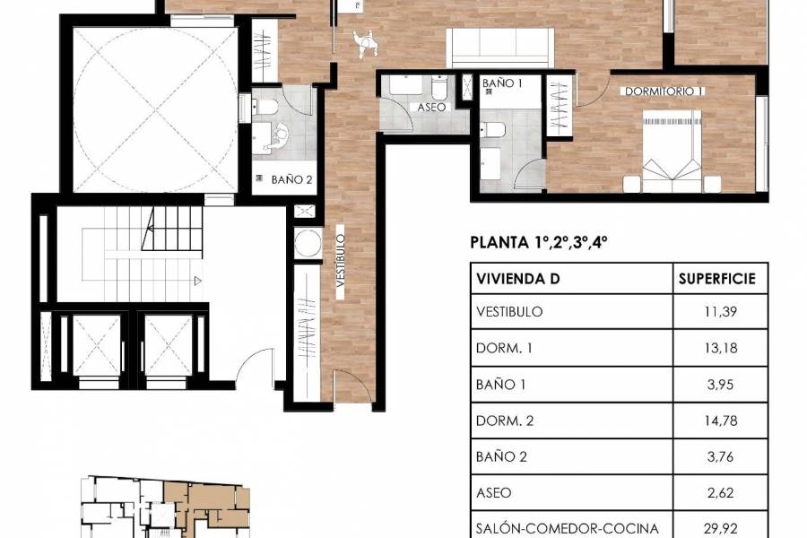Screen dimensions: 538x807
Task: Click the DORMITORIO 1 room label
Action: [x=664, y=91]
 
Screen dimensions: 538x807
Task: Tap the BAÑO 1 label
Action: [x=502, y=82]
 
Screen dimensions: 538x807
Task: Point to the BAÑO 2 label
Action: [x=291, y=179]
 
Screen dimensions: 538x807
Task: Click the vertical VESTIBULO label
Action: [x=342, y=259]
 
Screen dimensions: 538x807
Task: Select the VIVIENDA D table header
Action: [x=519, y=278]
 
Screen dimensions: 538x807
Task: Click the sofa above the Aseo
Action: [x=500, y=48]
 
